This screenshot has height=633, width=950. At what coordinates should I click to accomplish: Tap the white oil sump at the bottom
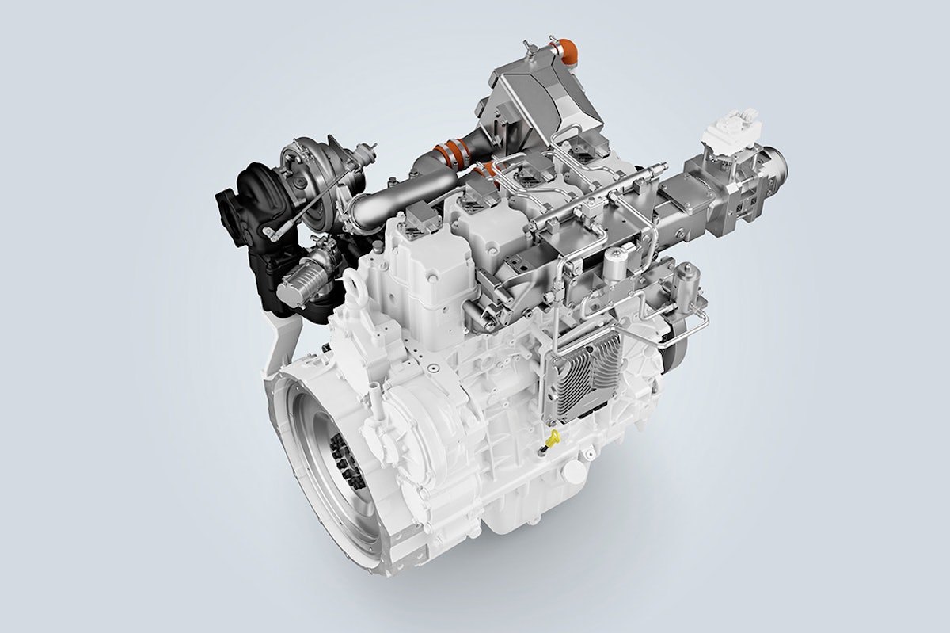point(522,515)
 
